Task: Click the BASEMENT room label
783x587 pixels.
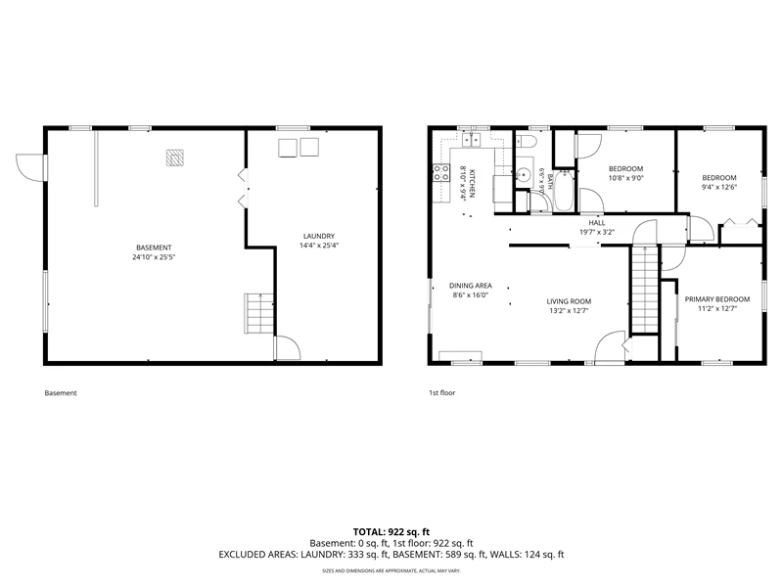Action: (154, 248)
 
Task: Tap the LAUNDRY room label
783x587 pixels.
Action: (319, 236)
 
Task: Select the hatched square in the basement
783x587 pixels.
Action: (175, 158)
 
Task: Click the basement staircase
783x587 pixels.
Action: (259, 313)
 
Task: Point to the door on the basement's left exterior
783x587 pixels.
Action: (31, 167)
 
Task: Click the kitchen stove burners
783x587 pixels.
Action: (441, 173)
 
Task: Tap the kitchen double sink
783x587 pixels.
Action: (471, 140)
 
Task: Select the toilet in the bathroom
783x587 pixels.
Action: (526, 142)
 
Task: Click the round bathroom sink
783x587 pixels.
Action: (524, 175)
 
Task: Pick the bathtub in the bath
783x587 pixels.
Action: (565, 191)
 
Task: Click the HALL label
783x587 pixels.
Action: (597, 223)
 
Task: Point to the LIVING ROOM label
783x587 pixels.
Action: (569, 301)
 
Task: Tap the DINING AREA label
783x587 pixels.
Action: (471, 286)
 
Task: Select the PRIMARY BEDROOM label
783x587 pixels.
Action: (717, 299)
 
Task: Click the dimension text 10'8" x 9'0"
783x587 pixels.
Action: (625, 178)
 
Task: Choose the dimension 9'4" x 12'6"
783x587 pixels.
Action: (719, 187)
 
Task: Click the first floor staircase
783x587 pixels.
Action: (645, 290)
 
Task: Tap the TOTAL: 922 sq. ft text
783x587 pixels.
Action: (391, 531)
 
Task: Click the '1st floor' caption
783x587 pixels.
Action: (442, 393)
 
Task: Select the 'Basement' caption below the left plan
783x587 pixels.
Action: (61, 393)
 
